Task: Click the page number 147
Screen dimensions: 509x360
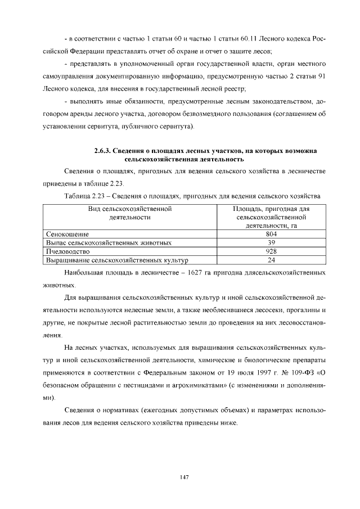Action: click(183, 478)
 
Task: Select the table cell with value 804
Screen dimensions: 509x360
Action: click(271, 234)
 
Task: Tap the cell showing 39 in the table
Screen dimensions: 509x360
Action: click(271, 243)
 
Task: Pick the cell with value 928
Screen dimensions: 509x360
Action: click(271, 252)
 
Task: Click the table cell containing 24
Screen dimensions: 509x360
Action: click(271, 260)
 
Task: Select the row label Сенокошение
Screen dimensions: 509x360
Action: click(67, 234)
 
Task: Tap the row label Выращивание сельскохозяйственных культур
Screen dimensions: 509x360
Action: click(116, 260)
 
